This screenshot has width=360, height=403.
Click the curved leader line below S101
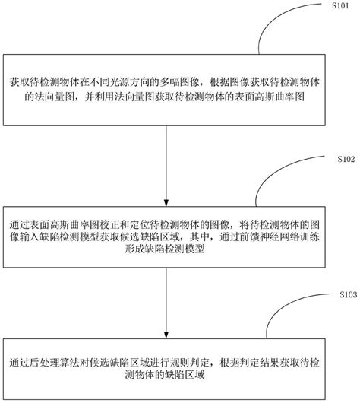(x=285, y=30)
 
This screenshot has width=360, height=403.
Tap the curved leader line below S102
(x=285, y=186)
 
